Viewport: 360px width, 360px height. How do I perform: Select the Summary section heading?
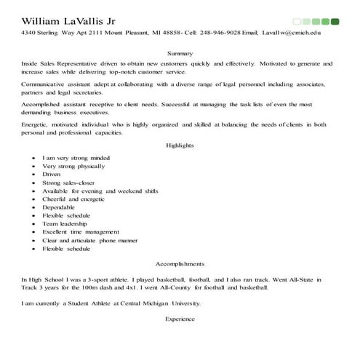point(180,53)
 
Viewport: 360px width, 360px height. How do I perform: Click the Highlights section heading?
point(180,145)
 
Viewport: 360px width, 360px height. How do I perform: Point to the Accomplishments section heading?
point(180,263)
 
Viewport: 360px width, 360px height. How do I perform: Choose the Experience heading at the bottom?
point(180,319)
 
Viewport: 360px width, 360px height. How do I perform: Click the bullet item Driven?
point(52,175)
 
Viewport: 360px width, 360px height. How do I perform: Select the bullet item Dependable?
point(60,207)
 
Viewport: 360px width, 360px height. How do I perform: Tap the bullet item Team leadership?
point(66,224)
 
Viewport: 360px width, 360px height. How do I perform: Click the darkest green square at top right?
point(335,21)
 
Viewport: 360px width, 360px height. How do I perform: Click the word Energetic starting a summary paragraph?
point(36,124)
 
